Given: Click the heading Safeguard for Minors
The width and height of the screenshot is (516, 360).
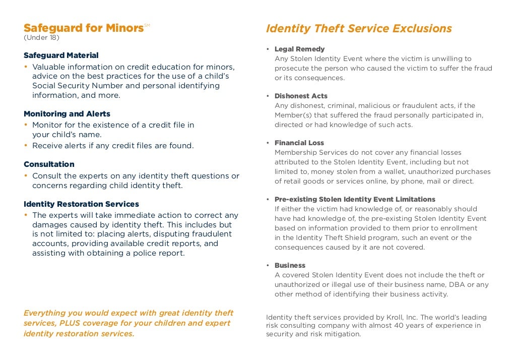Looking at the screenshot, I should [84, 28].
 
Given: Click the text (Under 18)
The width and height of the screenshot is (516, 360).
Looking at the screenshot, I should [41, 38].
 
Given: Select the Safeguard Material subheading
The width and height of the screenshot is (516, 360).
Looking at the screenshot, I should [61, 55].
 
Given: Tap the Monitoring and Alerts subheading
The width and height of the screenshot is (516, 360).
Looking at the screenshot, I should [67, 114].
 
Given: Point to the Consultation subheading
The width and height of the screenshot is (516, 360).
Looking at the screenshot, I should [49, 164].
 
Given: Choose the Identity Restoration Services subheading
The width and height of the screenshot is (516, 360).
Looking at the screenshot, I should [81, 204].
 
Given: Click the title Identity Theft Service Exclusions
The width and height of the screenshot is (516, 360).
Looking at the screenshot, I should [359, 29].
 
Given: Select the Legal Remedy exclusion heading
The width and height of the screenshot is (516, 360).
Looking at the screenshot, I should [299, 49].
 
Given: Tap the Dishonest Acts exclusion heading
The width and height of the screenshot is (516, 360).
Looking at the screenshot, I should [301, 96].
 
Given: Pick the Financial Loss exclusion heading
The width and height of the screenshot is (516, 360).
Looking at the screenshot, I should [299, 143].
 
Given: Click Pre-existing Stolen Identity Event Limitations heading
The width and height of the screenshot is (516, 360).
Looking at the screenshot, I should [355, 199].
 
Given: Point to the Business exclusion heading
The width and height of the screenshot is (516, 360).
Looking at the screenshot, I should [290, 265].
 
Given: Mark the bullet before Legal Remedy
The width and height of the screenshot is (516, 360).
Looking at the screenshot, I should [268, 49].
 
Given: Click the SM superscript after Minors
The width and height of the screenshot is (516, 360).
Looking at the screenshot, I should [147, 25].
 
